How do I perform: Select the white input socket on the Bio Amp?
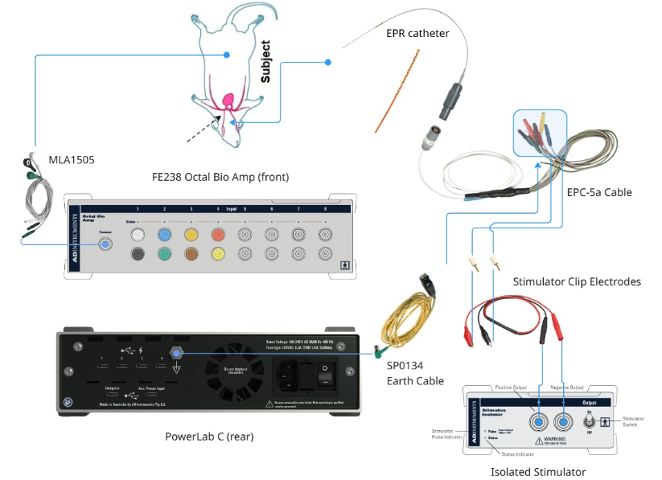click(x=138, y=235)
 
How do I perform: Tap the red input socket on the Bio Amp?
click(x=217, y=235)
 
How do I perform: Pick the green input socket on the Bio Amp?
click(x=164, y=254)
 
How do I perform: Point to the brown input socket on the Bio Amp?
click(x=191, y=254)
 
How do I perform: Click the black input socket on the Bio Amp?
click(x=138, y=254)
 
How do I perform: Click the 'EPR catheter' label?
click(x=417, y=34)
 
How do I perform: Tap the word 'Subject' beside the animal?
click(x=265, y=63)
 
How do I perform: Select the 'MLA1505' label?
click(x=72, y=160)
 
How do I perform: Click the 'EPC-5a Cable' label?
click(x=598, y=192)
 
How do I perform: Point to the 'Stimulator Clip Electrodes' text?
click(x=577, y=281)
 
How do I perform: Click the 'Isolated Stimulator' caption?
click(x=538, y=472)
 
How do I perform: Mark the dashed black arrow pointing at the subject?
click(x=204, y=129)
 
